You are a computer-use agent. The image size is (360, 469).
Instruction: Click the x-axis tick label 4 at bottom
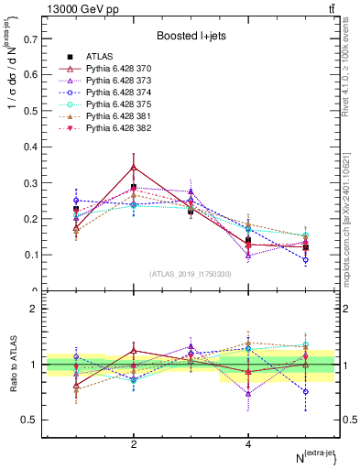[248, 444]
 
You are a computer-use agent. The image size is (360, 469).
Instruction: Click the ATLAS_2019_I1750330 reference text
[190, 274]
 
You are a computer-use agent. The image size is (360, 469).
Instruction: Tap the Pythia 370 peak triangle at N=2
[134, 168]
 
